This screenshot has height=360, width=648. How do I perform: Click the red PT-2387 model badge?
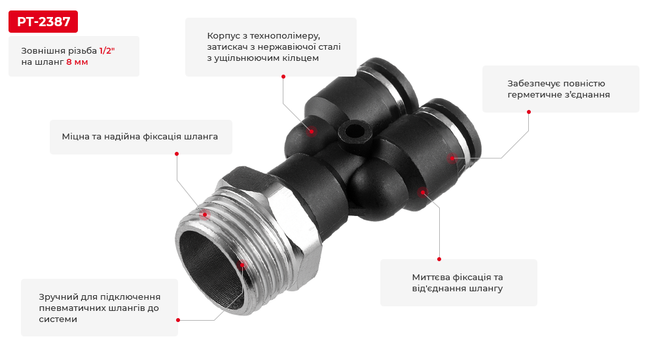[x=43, y=22]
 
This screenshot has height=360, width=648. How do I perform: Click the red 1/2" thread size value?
[x=107, y=50]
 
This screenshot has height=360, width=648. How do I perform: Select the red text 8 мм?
[x=77, y=62]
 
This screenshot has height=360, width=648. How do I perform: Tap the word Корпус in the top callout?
[x=224, y=35]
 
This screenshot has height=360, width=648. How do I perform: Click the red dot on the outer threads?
[x=204, y=214]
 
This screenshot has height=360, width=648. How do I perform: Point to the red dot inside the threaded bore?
[x=242, y=264]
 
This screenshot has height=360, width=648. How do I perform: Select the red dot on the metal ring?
[x=451, y=158]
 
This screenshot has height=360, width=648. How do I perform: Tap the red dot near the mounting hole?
[x=312, y=131]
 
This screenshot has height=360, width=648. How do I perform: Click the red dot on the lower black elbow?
[x=422, y=192]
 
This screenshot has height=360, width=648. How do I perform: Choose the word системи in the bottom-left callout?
[x=58, y=319]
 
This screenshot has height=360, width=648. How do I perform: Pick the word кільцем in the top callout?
[x=300, y=58]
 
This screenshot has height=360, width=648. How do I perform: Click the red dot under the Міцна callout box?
[x=176, y=154]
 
